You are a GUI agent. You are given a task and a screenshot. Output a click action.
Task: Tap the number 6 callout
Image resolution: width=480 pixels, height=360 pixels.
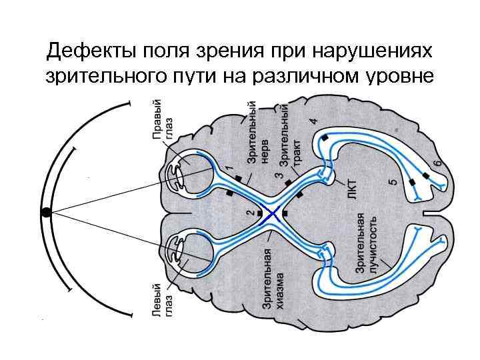(x=438, y=163)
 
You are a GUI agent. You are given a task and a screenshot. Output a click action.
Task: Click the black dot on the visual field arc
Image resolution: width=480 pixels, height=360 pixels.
(x=46, y=212)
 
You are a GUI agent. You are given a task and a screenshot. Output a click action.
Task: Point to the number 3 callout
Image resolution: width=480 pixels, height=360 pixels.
(x=278, y=176)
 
